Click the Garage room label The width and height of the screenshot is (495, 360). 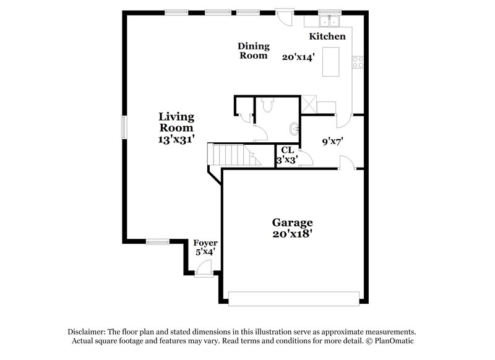292,223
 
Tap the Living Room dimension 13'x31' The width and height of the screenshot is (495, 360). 176,140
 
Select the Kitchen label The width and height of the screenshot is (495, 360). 327,36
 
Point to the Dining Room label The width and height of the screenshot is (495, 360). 254,51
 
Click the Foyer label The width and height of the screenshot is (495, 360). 205,242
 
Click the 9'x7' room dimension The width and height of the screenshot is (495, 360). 332,141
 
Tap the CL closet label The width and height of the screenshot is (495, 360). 287,150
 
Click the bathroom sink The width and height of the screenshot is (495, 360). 293,130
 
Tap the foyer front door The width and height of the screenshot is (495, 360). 204,268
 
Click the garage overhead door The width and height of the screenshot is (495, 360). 293,298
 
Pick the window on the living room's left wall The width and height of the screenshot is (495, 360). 124,127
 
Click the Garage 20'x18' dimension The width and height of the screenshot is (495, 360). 292,234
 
